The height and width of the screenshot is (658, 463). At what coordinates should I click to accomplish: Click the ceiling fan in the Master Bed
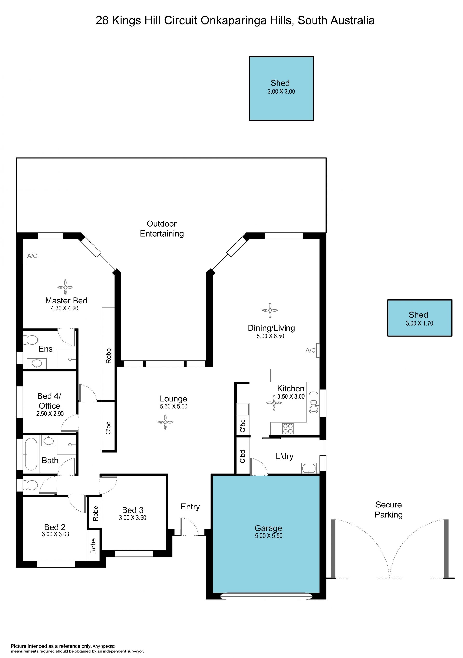pos(65,287)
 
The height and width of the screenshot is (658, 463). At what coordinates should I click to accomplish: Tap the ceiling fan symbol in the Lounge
pos(165,422)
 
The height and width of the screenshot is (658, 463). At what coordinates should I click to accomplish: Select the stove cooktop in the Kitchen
pos(288,429)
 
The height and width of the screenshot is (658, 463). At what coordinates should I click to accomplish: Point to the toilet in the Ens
pos(30,340)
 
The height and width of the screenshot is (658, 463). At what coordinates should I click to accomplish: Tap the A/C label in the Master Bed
pos(32,256)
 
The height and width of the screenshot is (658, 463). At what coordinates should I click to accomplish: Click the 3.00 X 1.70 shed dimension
pos(419,323)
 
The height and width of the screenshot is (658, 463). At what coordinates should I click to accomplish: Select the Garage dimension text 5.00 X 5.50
pos(268,536)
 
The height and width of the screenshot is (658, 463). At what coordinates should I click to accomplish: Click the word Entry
pos(190,507)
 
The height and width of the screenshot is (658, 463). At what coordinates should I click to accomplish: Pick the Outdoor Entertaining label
pos(162,229)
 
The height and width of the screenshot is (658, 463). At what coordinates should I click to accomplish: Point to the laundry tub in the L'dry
pos(309,468)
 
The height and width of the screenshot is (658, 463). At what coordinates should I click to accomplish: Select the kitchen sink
pos(313,402)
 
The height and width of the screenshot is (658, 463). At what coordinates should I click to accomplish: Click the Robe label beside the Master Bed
pos(109,356)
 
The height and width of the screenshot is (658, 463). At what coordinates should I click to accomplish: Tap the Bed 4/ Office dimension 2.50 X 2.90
pos(50,414)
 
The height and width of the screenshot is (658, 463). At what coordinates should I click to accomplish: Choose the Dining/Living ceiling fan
pos(270,310)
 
